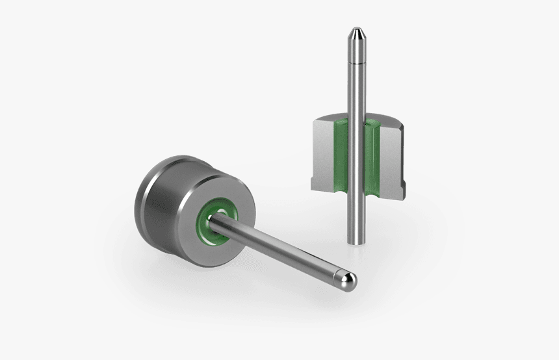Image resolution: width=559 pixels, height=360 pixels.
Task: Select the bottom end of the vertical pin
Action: tap(355, 240)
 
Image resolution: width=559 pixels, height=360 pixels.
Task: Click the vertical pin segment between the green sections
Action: tap(356, 156)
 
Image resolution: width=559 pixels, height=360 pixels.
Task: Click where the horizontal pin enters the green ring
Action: tap(221, 221)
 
